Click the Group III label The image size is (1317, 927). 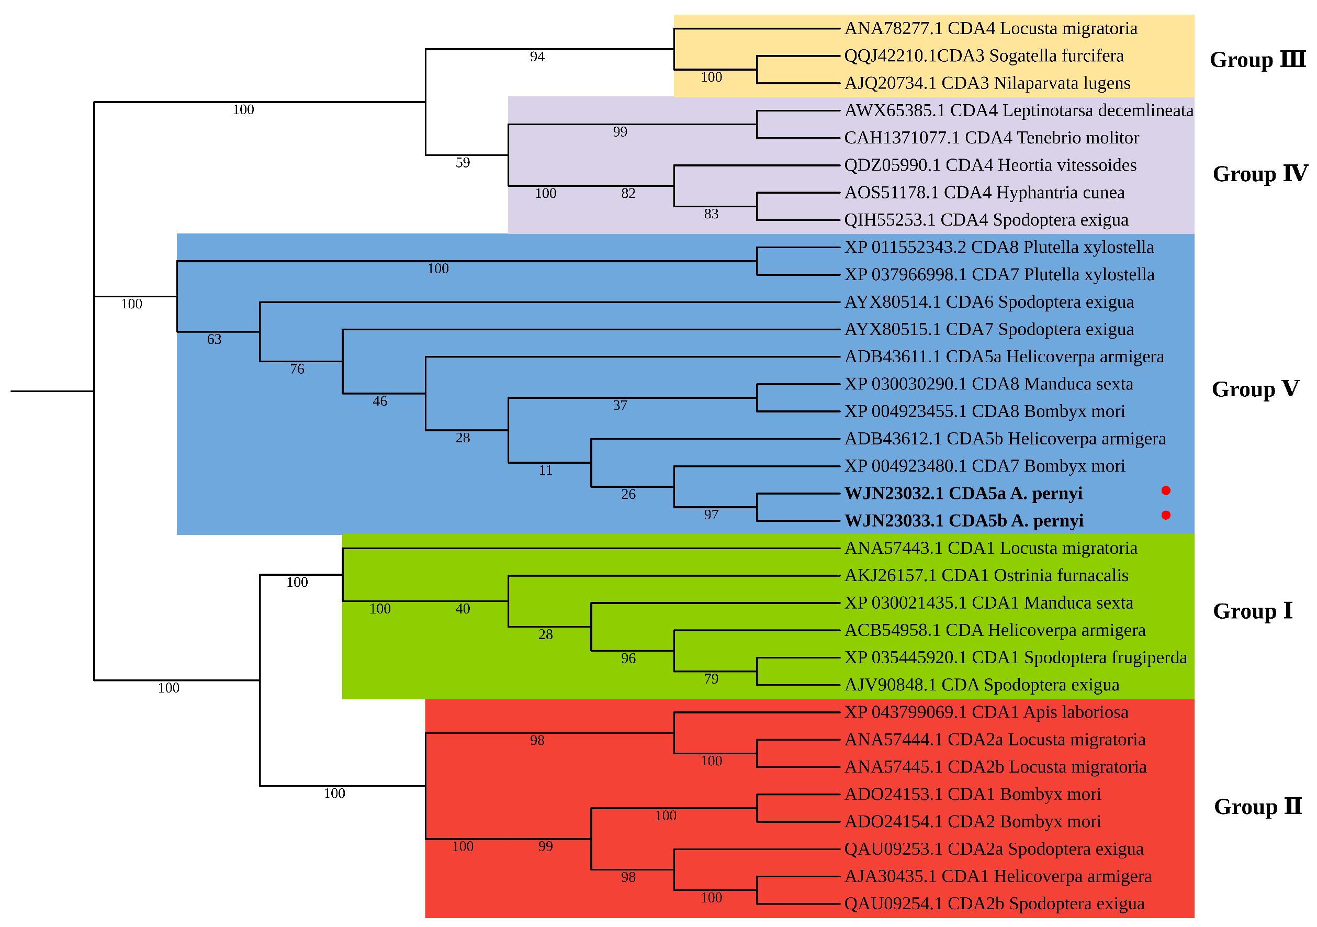tap(1257, 60)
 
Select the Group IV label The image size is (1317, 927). tap(1259, 174)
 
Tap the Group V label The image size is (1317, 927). tap(1255, 389)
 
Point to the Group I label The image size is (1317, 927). tap(1253, 611)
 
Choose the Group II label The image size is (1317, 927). tap(1257, 807)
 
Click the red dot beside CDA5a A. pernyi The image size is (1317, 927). tap(1166, 490)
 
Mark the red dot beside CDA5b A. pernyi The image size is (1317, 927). tap(1166, 515)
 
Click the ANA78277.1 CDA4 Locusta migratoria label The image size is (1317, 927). tap(990, 29)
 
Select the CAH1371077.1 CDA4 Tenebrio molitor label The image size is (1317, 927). tap(991, 138)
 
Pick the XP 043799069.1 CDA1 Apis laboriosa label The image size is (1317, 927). tap(986, 712)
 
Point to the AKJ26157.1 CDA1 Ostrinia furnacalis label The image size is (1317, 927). tap(986, 575)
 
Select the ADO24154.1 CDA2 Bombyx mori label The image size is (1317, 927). tap(972, 821)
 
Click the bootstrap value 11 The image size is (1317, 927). tap(546, 471)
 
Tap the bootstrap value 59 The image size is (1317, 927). tap(463, 163)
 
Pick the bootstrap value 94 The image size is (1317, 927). tap(537, 57)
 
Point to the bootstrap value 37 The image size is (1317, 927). tap(620, 406)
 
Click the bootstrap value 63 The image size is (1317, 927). tap(214, 340)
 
